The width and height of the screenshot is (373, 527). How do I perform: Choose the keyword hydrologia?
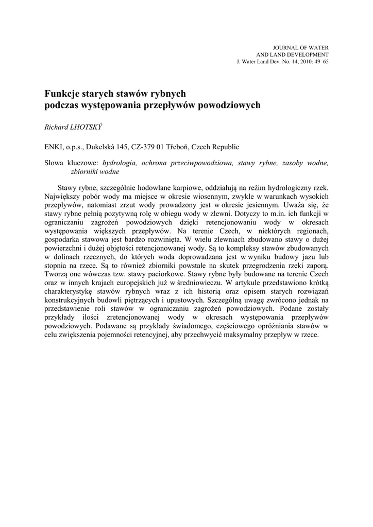(x=120, y=163)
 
